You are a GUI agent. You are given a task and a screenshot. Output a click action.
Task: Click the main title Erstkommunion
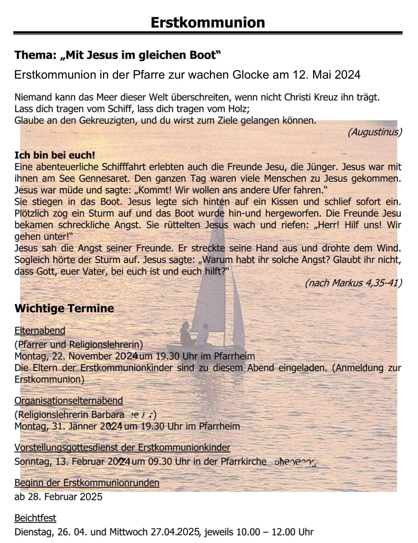(x=208, y=22)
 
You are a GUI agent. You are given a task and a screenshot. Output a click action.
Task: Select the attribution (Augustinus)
(x=375, y=132)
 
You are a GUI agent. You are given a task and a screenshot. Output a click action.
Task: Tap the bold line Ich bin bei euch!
(x=55, y=155)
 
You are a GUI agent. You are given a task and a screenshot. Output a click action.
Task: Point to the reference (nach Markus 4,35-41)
(x=353, y=283)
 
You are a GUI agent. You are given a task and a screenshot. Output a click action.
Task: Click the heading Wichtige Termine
(x=64, y=308)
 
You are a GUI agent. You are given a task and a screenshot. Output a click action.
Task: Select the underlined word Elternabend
(x=40, y=330)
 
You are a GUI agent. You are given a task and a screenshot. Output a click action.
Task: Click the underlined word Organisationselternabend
(x=69, y=401)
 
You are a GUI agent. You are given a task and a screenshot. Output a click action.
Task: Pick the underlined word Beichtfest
(x=35, y=518)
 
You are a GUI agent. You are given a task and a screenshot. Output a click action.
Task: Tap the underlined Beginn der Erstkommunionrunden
(x=87, y=483)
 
